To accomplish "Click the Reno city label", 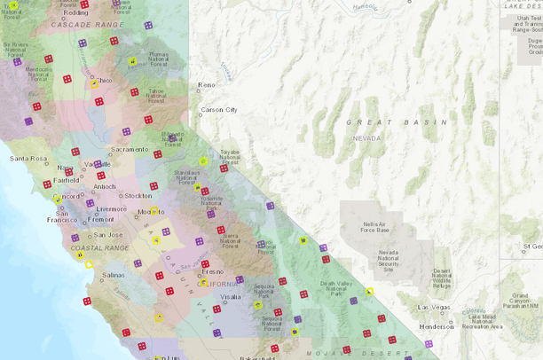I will click(206, 85).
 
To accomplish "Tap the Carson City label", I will click(218, 110).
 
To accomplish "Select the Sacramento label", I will click(130, 150).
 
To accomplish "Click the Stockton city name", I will click(138, 195).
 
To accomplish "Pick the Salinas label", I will click(113, 276).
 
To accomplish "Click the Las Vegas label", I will click(435, 308).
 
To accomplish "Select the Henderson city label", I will click(437, 325).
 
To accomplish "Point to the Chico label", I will click(104, 81).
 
